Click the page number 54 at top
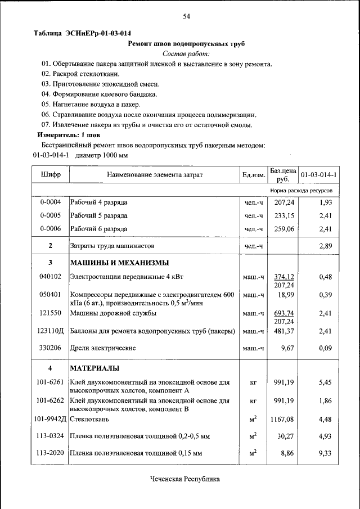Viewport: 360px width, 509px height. (x=186, y=17)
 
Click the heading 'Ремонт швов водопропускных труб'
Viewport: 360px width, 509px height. (x=186, y=43)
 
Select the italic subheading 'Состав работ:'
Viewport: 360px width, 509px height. (x=186, y=54)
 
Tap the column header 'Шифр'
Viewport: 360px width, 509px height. (x=51, y=175)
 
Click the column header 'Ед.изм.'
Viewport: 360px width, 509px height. (x=254, y=175)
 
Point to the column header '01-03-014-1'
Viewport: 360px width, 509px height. (x=318, y=175)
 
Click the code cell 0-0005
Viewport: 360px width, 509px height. (x=51, y=215)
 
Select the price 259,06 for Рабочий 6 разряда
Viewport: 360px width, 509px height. (x=284, y=229)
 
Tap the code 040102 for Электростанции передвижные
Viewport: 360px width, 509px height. (x=51, y=277)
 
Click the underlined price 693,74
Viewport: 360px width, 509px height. (x=284, y=313)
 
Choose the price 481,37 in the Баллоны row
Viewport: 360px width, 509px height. (x=284, y=331)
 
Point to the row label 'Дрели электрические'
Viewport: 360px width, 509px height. (x=102, y=349)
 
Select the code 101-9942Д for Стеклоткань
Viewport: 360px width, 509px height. (x=51, y=419)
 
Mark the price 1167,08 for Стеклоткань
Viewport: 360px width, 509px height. (x=282, y=419)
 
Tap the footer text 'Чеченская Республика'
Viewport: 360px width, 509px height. (x=185, y=479)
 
